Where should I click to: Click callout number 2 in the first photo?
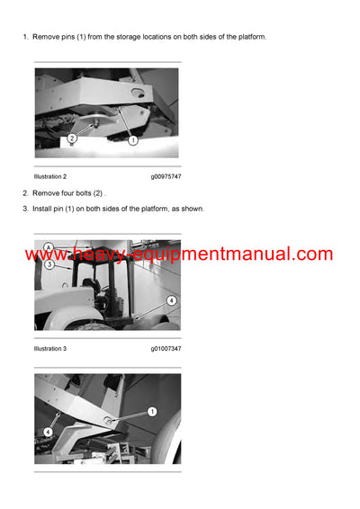point(71,139)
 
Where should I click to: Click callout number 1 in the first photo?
point(132,140)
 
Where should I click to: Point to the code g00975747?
point(166,177)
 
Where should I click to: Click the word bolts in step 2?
point(89,193)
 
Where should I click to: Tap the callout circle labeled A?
point(49,247)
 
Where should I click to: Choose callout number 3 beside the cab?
point(49,264)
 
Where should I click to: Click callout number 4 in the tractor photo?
point(171,299)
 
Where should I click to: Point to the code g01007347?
point(166,348)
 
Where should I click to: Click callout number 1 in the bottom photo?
point(151,411)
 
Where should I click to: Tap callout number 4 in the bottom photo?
point(49,433)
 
